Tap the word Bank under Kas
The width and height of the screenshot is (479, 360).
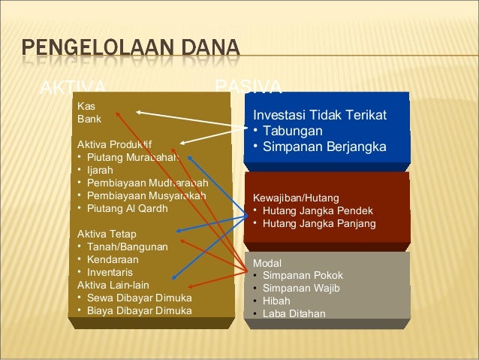(x=89, y=119)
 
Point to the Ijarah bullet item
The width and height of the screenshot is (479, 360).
(x=104, y=170)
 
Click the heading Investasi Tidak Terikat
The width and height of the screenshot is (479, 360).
(x=320, y=115)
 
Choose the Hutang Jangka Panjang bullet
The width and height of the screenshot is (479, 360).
(x=318, y=224)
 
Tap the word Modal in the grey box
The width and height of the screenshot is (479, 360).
(x=267, y=263)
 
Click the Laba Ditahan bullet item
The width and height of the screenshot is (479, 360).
(x=294, y=314)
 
